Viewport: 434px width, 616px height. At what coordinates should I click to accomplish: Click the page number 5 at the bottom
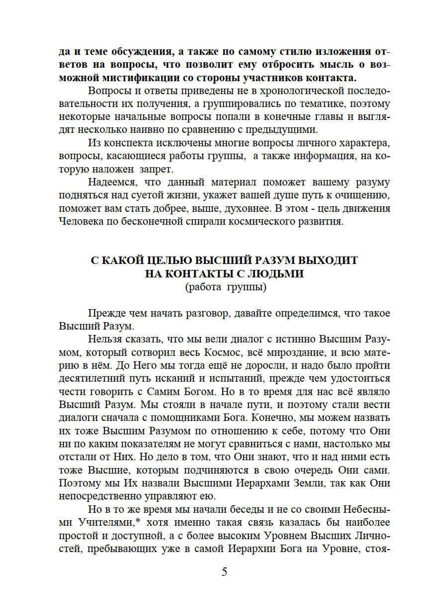tap(224, 572)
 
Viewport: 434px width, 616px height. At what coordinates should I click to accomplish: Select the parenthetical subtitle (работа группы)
tap(226, 287)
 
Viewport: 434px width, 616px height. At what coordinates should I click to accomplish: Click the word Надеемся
tap(112, 182)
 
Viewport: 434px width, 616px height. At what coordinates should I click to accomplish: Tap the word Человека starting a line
tap(79, 221)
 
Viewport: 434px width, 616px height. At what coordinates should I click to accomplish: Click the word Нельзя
tap(105, 339)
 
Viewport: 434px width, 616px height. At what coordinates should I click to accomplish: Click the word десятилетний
tap(91, 379)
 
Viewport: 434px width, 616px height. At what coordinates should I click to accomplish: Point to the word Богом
tap(199, 392)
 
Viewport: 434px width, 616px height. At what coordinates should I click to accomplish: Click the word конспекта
tap(132, 143)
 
